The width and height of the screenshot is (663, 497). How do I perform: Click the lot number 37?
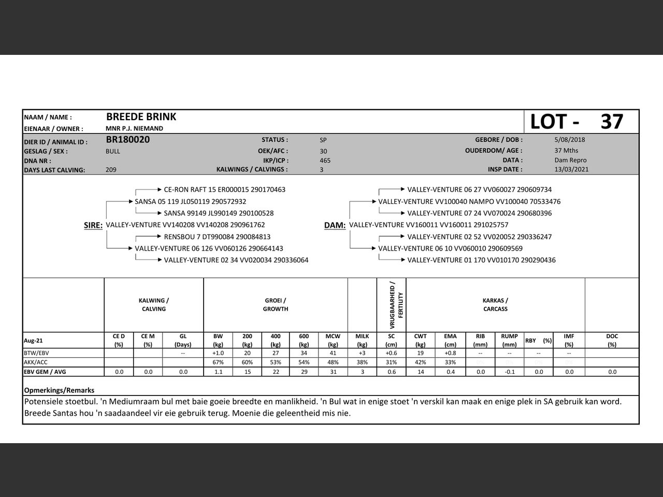[x=612, y=122]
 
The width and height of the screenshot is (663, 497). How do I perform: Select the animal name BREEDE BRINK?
[x=141, y=117]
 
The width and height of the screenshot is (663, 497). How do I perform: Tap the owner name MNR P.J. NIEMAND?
[x=134, y=128]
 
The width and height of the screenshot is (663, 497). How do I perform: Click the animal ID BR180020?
[x=127, y=139]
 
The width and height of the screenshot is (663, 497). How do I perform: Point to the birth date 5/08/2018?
[x=569, y=140]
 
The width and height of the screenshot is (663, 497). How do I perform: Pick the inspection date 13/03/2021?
[x=571, y=169]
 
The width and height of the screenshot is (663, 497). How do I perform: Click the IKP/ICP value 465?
[x=325, y=160]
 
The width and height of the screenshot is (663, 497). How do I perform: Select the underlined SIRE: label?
[x=93, y=225]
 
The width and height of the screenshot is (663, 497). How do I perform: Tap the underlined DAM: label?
[x=335, y=225]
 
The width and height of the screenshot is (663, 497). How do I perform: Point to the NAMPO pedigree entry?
[x=469, y=201]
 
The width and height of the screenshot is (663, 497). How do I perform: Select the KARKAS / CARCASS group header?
[x=495, y=304]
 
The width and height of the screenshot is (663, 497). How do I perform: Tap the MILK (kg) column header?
[x=362, y=340]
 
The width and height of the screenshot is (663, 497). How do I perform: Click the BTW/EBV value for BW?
[x=218, y=353]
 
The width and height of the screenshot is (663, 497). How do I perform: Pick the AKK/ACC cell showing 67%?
[x=218, y=362]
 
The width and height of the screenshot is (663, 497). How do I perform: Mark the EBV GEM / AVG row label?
[x=45, y=372]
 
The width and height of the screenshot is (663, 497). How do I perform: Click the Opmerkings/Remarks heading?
[x=59, y=390]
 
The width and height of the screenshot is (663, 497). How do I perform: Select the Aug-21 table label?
[x=34, y=341]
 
